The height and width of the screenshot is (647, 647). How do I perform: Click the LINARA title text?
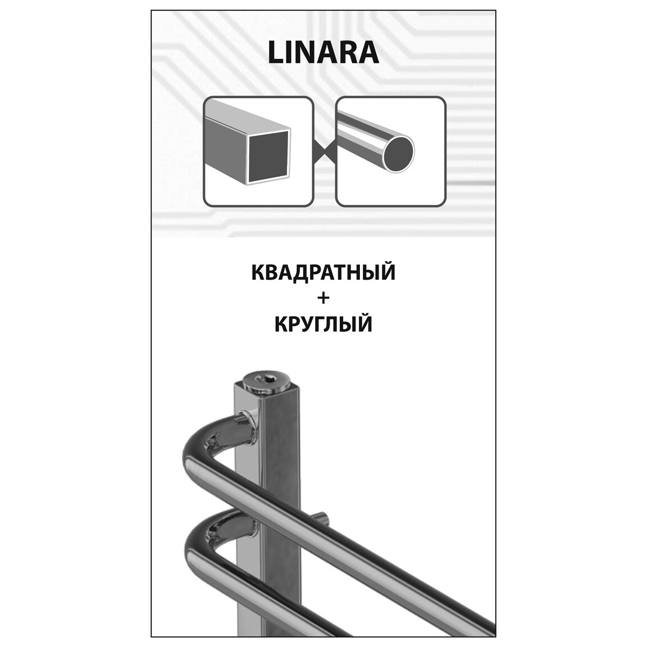(323, 54)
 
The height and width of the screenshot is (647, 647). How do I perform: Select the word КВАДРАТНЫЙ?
(323, 272)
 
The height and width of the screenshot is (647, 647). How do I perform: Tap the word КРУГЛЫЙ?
(323, 324)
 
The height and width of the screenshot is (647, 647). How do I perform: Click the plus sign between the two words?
(323, 298)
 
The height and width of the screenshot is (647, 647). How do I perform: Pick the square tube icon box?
(258, 151)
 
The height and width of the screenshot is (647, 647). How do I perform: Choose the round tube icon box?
(390, 151)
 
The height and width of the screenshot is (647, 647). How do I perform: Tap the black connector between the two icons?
(324, 151)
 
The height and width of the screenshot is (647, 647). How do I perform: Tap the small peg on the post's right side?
(321, 517)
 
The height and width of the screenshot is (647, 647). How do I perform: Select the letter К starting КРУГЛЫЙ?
(281, 324)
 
